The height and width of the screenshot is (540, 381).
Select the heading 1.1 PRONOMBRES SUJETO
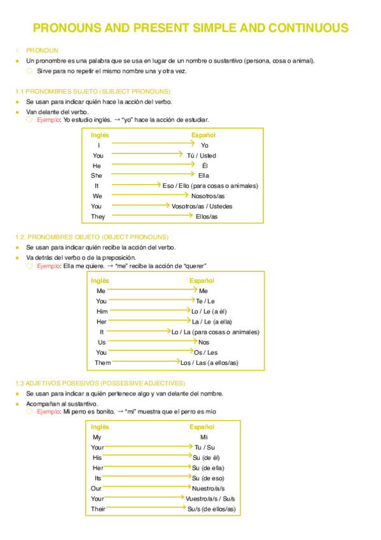[x=93, y=92]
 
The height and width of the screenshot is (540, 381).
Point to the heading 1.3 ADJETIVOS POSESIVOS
[x=100, y=383]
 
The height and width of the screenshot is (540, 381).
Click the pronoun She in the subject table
[x=97, y=175]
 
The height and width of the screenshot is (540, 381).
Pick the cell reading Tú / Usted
[x=201, y=155]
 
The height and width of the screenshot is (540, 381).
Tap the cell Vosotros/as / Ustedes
[x=202, y=206]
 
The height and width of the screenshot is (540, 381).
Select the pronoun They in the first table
[x=98, y=217]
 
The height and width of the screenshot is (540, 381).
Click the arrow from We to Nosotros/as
[x=149, y=195]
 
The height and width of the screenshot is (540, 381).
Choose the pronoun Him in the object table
[x=102, y=311]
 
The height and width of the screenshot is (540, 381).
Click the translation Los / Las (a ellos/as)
[x=209, y=363]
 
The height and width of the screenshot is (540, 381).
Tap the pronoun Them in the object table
[x=103, y=363]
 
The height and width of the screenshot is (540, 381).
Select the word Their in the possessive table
[x=98, y=509]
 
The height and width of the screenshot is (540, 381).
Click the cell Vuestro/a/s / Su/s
[x=210, y=499]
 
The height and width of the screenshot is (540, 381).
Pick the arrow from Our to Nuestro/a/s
[x=150, y=488]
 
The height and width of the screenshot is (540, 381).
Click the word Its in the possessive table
[x=97, y=478]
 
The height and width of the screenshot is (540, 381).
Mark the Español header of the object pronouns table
[x=202, y=281]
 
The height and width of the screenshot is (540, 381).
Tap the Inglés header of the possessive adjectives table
[x=100, y=427]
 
